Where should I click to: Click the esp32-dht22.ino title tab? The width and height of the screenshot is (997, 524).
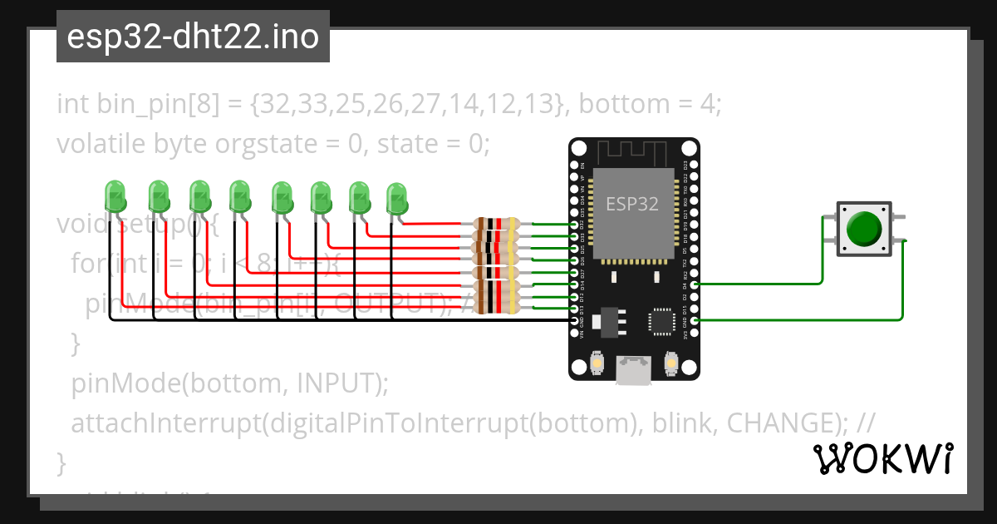coord(193,37)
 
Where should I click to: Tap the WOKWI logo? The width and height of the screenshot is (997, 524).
coord(882,458)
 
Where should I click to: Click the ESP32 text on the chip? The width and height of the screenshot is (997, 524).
coord(632,204)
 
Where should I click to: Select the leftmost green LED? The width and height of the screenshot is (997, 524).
coord(115,197)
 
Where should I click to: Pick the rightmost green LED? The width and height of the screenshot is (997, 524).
coord(397,200)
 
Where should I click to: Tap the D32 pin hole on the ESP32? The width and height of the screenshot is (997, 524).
coord(574,225)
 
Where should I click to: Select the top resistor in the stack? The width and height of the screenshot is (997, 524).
coord(495,224)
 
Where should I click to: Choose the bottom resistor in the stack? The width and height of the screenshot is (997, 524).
coord(495,309)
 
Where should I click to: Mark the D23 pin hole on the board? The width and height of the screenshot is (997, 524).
coord(695,164)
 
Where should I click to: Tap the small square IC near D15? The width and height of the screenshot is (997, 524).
coord(662,321)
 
